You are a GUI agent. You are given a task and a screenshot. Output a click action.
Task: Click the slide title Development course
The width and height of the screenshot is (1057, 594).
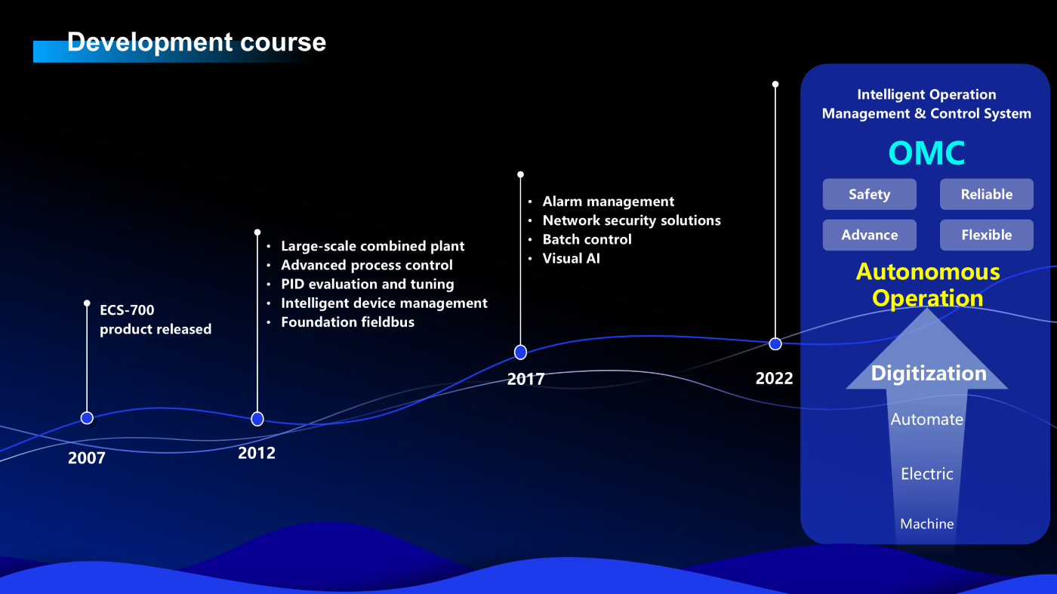point(196,42)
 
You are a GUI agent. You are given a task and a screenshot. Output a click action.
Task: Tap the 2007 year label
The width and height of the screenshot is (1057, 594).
point(86,457)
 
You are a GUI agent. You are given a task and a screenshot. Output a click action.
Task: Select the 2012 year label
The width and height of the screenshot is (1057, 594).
point(256,453)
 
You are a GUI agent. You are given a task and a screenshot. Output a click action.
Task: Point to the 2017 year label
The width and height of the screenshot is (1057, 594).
point(525,379)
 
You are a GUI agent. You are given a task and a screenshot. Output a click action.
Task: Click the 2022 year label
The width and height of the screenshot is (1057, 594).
point(774,378)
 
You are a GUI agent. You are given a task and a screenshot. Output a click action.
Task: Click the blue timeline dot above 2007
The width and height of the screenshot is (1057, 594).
point(87,418)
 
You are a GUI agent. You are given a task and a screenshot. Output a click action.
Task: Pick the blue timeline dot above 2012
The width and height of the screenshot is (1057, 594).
point(257,419)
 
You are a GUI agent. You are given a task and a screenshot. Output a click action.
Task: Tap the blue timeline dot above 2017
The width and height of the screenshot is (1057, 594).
point(520,352)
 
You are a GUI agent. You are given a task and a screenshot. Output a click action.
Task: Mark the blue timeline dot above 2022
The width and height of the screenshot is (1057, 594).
point(775,344)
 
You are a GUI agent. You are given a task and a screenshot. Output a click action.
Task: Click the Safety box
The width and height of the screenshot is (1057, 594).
point(869,194)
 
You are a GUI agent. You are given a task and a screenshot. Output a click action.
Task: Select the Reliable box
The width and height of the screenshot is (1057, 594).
point(986,194)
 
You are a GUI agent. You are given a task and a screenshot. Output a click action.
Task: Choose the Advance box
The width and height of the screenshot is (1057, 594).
point(869,235)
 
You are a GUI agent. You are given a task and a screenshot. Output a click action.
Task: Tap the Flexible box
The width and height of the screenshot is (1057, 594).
point(986,235)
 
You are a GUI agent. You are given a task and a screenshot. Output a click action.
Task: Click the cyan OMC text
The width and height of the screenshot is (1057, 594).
point(926,153)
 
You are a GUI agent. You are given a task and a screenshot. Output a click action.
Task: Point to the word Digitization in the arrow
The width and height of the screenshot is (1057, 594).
point(929,373)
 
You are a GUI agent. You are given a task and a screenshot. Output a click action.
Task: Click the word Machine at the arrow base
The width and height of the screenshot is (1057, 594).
point(927,524)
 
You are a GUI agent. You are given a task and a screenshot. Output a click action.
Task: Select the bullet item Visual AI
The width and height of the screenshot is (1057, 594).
point(571,259)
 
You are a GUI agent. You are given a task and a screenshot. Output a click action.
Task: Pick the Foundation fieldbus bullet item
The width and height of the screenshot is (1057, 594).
point(348,322)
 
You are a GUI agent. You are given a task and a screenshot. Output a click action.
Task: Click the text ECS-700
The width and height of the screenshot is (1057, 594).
point(127,310)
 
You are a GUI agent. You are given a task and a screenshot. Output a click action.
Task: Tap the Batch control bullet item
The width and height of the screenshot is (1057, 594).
point(587,240)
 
